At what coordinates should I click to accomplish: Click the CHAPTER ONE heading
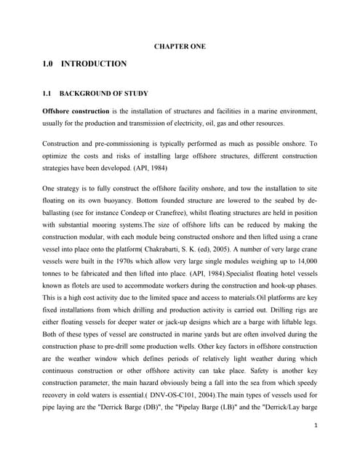180,46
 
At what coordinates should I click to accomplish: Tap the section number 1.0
49,64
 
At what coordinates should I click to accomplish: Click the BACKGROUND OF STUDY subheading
103,94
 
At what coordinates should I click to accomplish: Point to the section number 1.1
48,94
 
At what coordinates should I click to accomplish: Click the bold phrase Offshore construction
75,111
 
